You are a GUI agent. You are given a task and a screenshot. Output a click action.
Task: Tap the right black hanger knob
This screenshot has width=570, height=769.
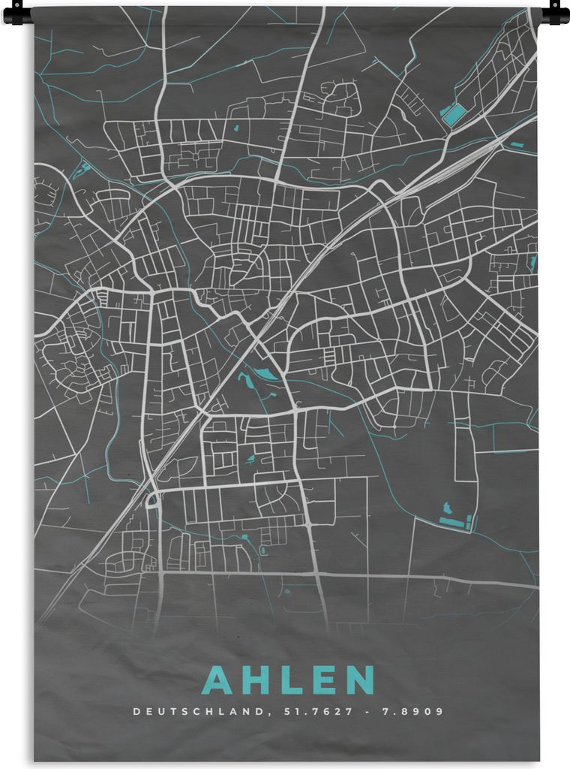(556, 13)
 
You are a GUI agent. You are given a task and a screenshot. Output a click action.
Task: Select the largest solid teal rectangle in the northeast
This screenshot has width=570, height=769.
(453, 114)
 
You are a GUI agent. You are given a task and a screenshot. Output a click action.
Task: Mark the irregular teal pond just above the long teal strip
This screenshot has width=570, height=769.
(448, 508)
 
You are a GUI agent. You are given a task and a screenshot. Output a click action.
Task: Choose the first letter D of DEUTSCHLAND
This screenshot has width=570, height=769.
(136, 711)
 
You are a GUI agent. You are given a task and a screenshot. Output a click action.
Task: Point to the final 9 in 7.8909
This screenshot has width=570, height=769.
(440, 711)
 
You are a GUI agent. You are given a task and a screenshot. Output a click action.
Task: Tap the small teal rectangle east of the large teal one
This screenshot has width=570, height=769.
(517, 143)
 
